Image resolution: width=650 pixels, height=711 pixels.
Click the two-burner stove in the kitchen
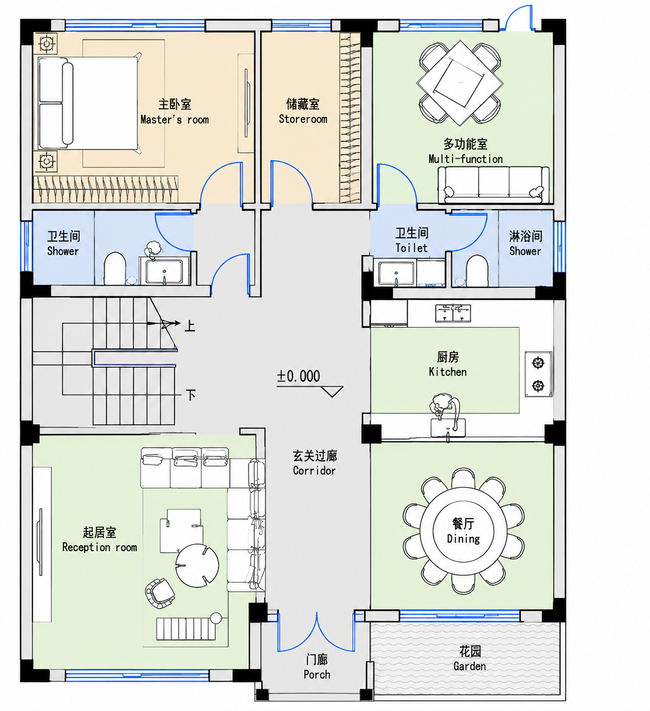[x=538, y=374]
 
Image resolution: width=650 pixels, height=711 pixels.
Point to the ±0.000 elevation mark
[x=299, y=376]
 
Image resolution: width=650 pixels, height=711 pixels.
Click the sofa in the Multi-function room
[x=494, y=185]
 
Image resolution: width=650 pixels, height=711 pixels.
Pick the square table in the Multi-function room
[x=460, y=83]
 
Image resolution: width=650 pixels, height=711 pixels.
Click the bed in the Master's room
[x=88, y=103]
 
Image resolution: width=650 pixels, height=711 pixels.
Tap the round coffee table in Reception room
[x=197, y=566]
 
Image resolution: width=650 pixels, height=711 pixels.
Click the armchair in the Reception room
[x=160, y=593]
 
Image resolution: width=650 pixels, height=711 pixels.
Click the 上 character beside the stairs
[x=190, y=326]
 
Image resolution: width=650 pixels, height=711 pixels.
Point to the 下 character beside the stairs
[x=191, y=395]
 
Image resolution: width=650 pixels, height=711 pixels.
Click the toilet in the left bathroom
[x=115, y=268]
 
